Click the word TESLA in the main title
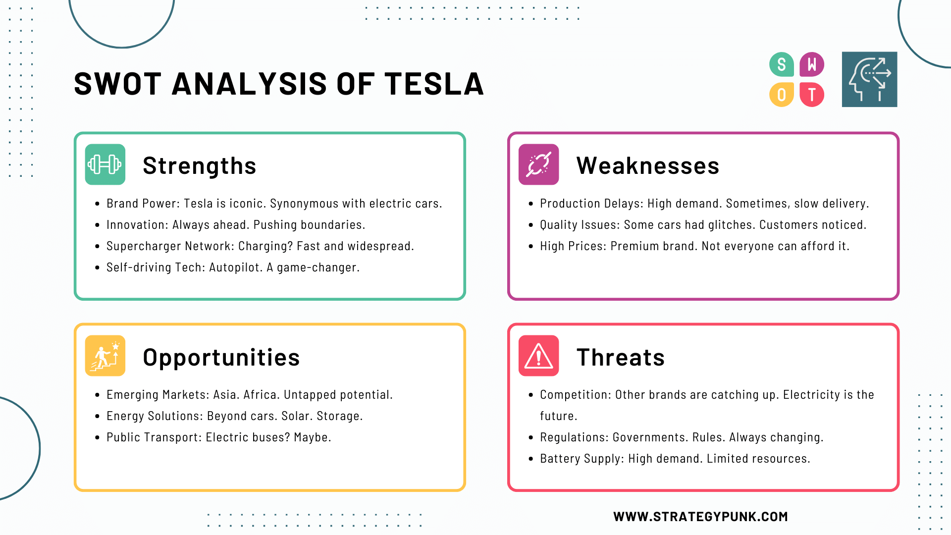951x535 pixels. coord(434,84)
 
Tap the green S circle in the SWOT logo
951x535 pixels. coord(781,64)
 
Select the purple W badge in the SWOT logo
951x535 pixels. coord(812,64)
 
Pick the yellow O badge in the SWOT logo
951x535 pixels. coord(781,95)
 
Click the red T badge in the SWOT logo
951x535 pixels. coord(812,95)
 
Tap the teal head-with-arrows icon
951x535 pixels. coord(869,79)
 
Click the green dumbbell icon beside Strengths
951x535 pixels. coord(105,164)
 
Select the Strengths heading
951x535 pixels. coord(199,165)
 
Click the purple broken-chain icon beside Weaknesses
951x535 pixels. coord(538,164)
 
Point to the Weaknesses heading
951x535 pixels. coord(647,165)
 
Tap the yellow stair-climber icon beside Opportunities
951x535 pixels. coord(105,356)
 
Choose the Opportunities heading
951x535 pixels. coord(221,357)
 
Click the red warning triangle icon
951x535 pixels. coord(538,356)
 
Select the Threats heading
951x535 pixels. coord(620,357)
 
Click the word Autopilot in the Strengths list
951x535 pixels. coord(235,267)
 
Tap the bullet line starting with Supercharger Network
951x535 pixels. coord(260,246)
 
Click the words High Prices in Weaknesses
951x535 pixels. coord(572,246)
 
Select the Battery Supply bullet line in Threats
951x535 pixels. coord(675,459)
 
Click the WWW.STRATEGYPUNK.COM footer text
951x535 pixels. coord(700,517)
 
